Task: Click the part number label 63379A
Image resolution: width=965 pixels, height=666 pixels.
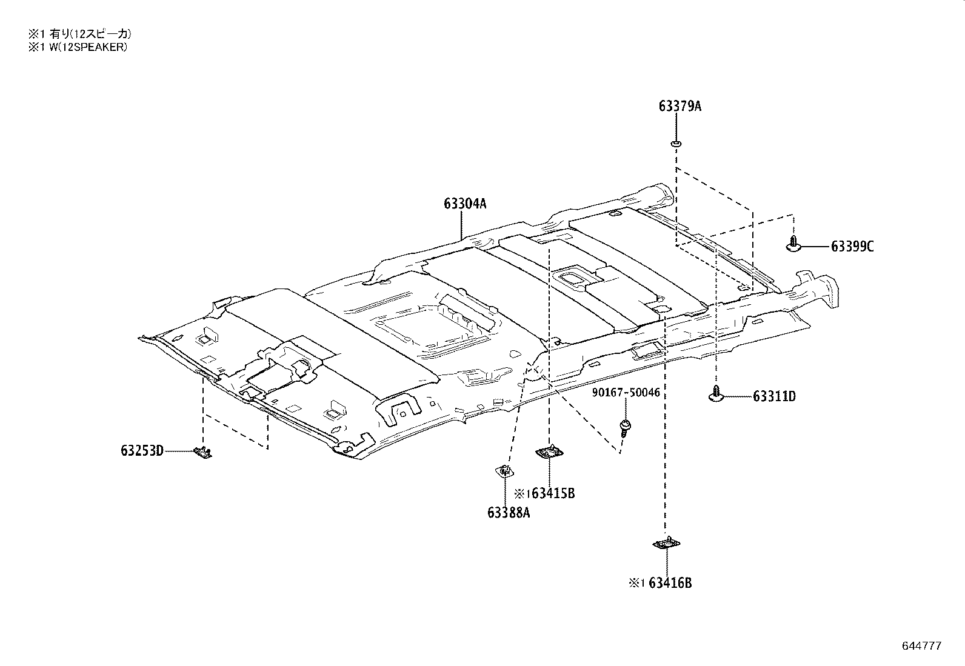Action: pos(680,107)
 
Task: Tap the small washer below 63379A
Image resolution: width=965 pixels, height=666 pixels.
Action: pos(676,144)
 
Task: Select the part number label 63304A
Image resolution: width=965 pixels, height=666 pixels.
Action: pos(464,204)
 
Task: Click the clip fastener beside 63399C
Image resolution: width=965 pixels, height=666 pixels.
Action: pos(794,245)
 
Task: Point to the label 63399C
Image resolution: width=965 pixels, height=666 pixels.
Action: pos(852,247)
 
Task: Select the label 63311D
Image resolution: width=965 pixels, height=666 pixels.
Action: pos(774,397)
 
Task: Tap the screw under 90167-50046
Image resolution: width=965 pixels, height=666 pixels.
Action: pos(624,427)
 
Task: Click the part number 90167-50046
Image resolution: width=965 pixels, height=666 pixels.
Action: pos(626,393)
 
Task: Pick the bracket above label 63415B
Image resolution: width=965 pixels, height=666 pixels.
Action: pos(549,451)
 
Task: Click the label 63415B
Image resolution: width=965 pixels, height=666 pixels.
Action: pos(552,493)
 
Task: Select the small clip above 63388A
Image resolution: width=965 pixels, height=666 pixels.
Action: pos(504,470)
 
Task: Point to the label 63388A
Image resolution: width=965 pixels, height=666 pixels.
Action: pos(508,513)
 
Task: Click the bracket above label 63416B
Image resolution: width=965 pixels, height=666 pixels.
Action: pos(666,544)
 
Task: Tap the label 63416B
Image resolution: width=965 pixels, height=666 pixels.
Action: pos(670,583)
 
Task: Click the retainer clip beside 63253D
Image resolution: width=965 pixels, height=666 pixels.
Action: pos(202,451)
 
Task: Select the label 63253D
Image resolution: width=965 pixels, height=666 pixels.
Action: pos(142,451)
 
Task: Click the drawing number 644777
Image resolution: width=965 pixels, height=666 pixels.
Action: pos(921,646)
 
